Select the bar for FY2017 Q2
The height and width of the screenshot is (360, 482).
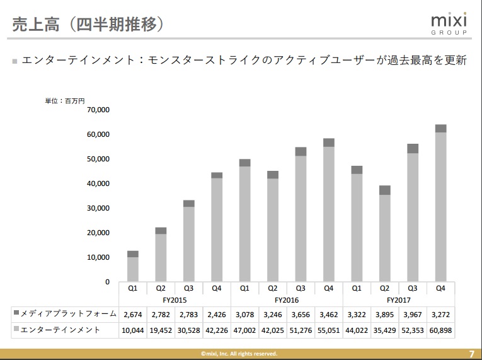pos(384,235)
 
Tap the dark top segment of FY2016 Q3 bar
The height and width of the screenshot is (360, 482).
pos(301,151)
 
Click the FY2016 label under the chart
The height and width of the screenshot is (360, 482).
pos(287,300)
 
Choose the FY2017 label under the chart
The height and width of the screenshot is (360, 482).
pos(399,300)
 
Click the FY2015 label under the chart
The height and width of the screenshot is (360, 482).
pos(175,300)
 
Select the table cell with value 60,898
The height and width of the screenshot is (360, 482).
pos(440,330)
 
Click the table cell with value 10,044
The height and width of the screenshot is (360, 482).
pos(133,330)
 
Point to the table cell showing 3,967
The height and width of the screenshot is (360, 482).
pos(413,313)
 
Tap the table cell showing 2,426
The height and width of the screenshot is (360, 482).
pos(217,313)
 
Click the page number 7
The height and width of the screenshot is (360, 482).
pos(472,354)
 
